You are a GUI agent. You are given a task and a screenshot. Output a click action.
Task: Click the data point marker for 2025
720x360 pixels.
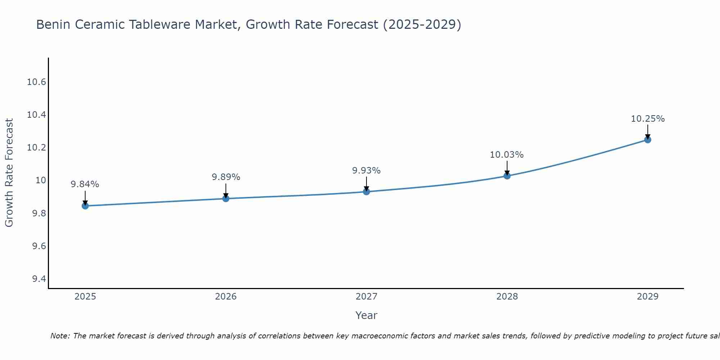85,206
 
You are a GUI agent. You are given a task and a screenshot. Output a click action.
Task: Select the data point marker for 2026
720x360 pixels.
226,198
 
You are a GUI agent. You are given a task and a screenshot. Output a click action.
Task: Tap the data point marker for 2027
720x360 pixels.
366,192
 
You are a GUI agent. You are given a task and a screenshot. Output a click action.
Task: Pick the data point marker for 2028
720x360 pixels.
507,176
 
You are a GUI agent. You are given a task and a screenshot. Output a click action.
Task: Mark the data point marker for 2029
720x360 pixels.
648,140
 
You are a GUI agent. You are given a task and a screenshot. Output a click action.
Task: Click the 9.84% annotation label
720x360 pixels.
85,184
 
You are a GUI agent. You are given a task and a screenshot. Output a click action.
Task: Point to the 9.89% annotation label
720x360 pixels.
226,177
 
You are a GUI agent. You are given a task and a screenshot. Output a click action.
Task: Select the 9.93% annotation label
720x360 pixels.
366,171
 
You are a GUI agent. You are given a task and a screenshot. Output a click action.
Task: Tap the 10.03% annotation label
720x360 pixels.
507,155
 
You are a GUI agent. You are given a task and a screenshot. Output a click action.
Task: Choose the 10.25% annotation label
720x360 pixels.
648,119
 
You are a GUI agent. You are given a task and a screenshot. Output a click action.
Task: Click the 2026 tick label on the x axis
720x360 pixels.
226,297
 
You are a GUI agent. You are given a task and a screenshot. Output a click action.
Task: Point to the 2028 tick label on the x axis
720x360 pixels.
507,297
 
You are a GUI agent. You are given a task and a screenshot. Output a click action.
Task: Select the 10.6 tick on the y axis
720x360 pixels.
37,82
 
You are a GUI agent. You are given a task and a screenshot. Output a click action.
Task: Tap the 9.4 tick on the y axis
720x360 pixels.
39,279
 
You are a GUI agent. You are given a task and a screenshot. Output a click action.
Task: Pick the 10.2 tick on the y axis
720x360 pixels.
37,148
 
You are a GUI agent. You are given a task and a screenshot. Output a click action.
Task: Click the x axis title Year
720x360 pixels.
366,315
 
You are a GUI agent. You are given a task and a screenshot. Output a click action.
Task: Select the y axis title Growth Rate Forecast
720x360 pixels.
9,173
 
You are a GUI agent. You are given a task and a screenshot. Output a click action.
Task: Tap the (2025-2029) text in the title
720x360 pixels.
422,25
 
